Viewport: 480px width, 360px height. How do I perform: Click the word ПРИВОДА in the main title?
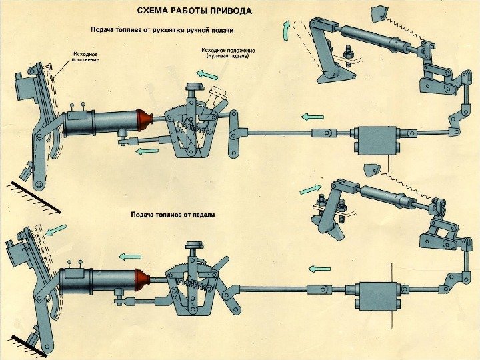[229, 11]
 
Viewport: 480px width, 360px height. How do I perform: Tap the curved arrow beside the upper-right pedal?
[287, 30]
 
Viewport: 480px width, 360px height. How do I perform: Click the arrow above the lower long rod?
[320, 269]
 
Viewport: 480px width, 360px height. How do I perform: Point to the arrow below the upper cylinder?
[146, 151]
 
